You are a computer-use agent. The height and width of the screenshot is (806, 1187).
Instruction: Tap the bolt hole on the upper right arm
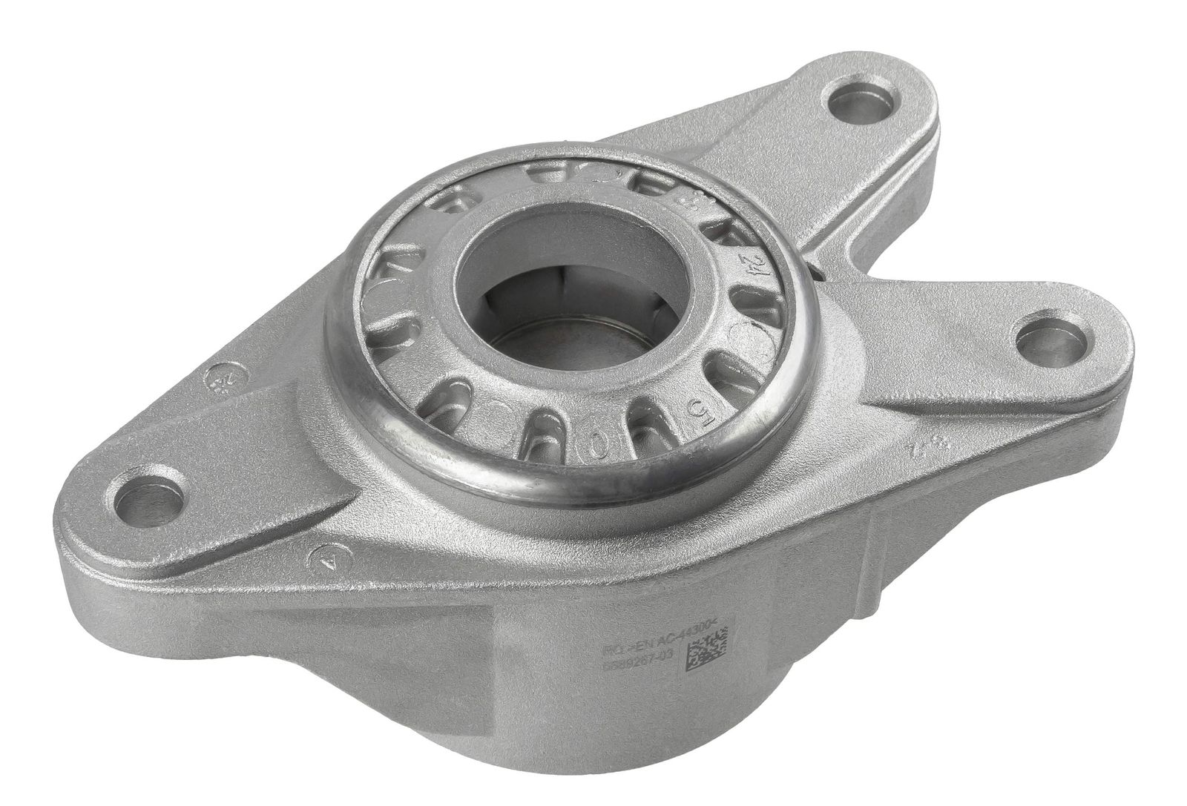click(859, 102)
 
